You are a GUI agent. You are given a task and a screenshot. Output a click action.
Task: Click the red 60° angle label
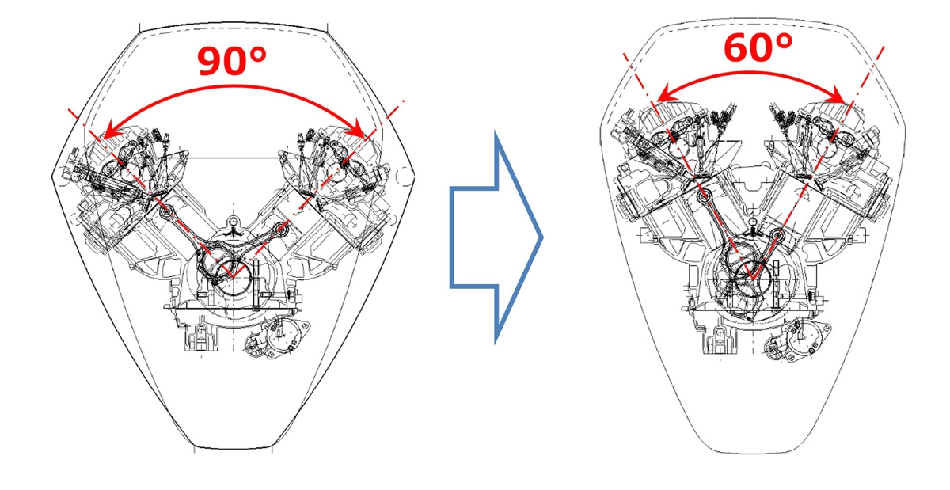coord(758,49)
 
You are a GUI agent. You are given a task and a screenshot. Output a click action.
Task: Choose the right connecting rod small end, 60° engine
coord(779,234)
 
